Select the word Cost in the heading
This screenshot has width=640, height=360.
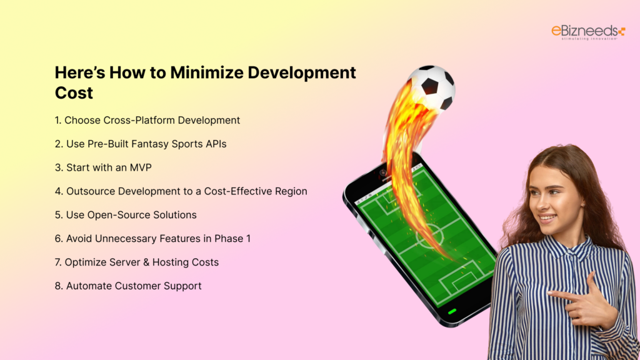[74, 93]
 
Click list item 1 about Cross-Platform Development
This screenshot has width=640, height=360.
[147, 120]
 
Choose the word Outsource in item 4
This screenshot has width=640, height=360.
[89, 191]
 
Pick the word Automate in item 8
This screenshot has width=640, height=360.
[87, 286]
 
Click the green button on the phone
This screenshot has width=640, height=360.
[452, 311]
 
